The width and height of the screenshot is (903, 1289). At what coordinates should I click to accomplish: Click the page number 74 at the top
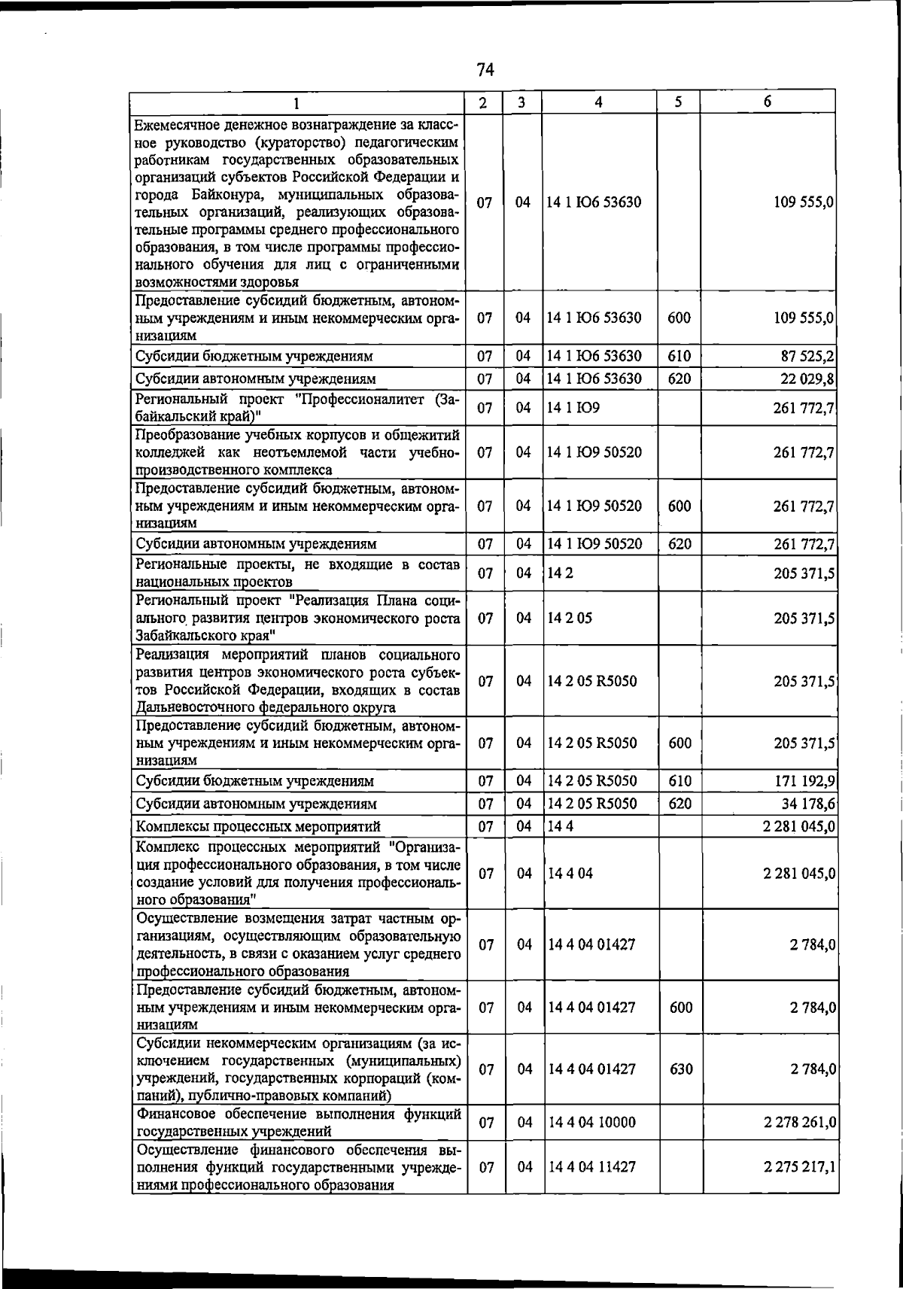click(x=485, y=70)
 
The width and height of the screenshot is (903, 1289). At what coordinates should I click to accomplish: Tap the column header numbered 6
click(x=767, y=102)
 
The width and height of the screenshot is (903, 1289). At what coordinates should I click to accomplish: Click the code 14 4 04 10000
click(x=592, y=1123)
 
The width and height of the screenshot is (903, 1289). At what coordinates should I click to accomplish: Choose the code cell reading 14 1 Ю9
click(x=573, y=408)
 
